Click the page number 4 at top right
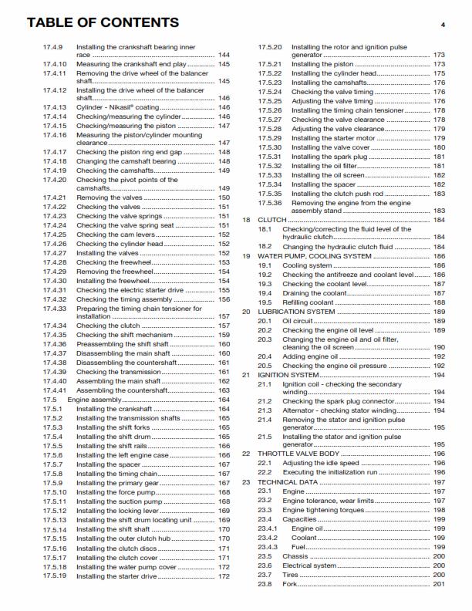point(443,25)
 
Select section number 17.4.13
point(55,107)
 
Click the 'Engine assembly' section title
point(95,400)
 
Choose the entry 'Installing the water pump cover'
point(126,566)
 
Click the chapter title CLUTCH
point(271,220)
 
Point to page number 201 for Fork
point(439,583)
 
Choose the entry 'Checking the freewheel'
point(114,262)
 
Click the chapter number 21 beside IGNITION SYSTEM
point(247,375)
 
